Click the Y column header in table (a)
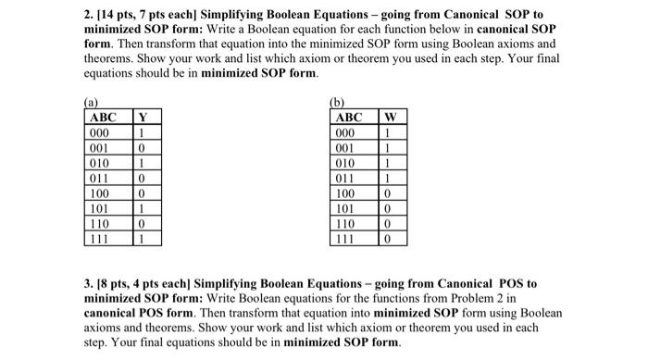click(x=142, y=117)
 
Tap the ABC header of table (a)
click(x=103, y=117)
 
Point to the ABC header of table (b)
click(x=349, y=117)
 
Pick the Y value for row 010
click(x=141, y=163)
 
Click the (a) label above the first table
click(x=90, y=102)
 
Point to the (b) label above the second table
click(x=336, y=102)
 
